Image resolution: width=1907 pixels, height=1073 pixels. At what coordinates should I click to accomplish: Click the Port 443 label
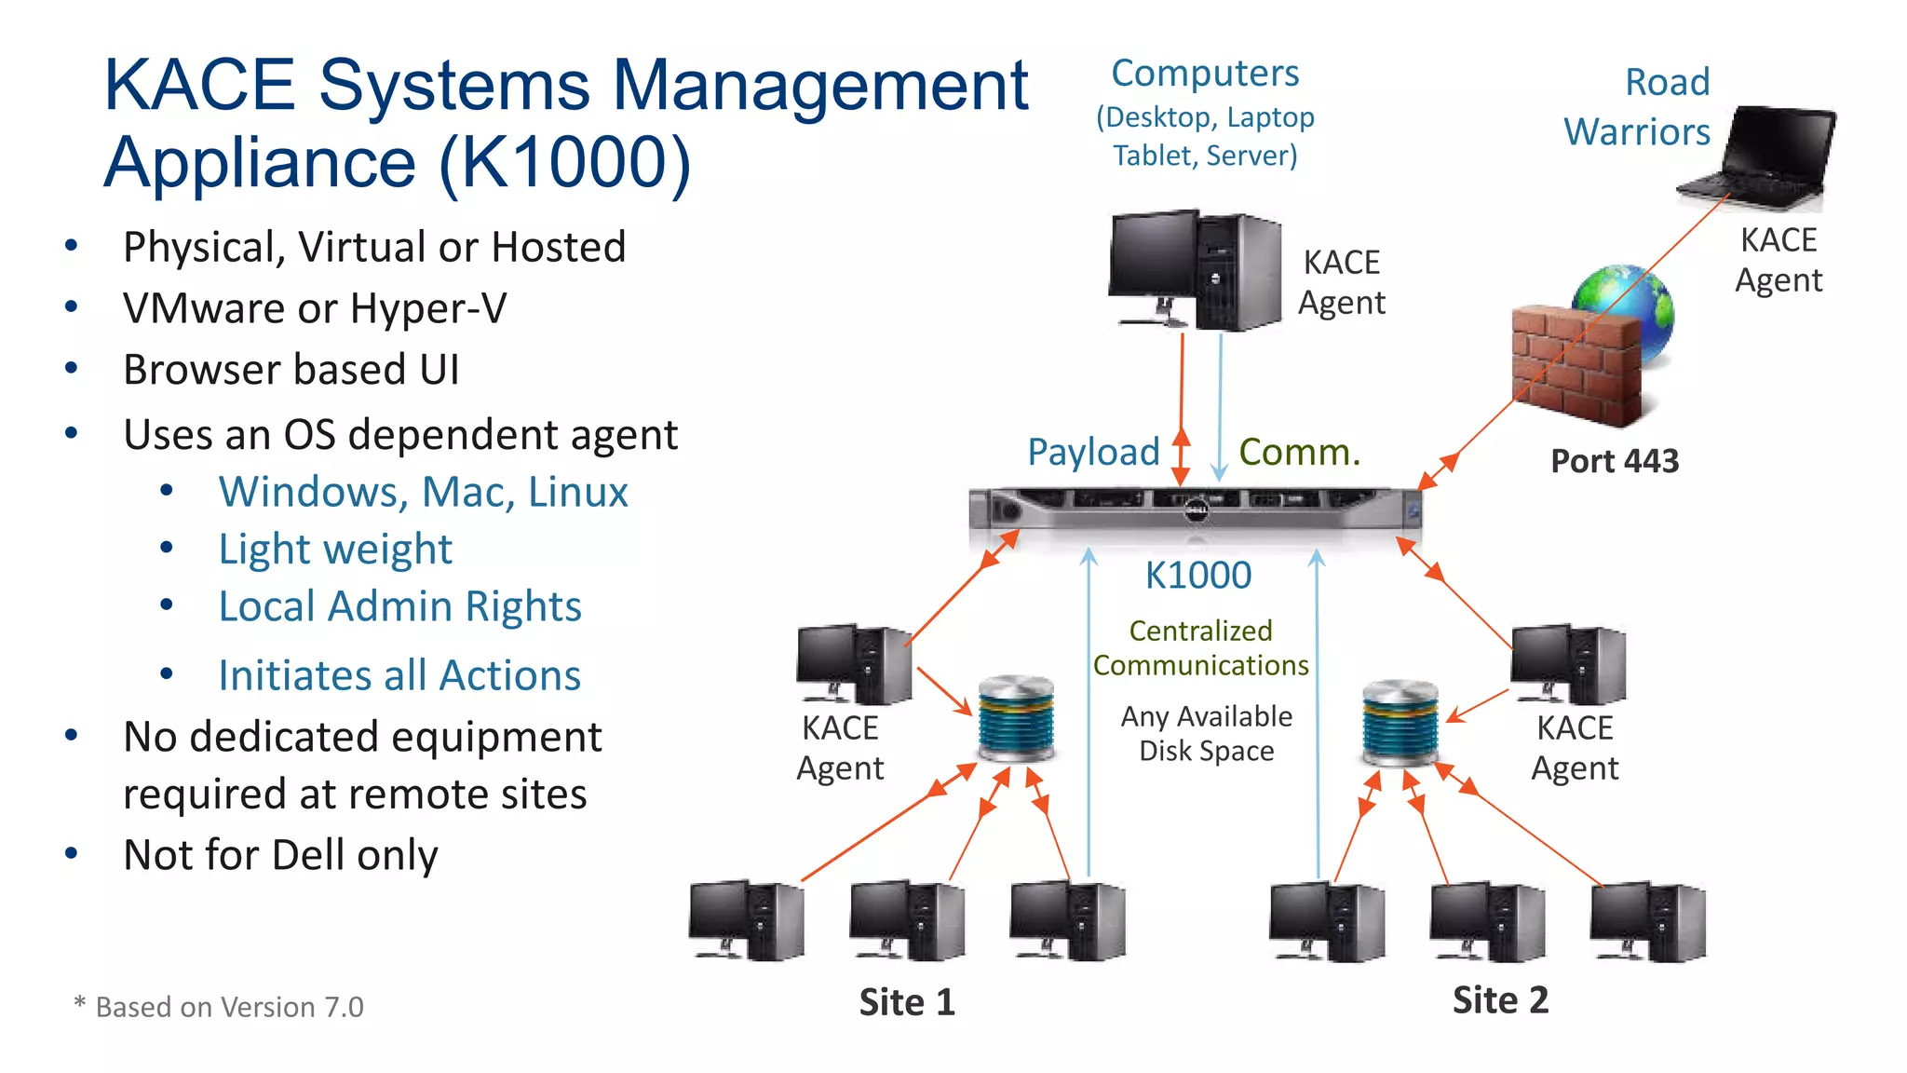1615,461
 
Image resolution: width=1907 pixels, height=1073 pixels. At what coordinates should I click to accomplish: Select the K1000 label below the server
1197,576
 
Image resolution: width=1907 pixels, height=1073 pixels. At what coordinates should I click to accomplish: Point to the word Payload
1093,453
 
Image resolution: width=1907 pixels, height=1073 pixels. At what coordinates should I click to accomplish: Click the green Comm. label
1299,453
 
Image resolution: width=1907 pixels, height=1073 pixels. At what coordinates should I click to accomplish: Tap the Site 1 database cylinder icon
1016,719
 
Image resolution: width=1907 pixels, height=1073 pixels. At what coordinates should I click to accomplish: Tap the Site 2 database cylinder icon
1400,723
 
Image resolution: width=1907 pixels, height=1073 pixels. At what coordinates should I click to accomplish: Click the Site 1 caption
907,1002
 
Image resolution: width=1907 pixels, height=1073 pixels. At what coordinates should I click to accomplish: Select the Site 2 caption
1500,1000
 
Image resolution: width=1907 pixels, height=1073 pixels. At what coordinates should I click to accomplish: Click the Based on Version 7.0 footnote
220,1007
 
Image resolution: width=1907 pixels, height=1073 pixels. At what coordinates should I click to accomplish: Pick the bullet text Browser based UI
291,370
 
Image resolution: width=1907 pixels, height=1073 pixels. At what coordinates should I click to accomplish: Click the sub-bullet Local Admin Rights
399,606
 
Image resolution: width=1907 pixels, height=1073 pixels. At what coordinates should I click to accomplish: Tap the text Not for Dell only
280,855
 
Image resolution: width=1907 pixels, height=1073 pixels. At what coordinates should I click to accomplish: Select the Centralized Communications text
1200,648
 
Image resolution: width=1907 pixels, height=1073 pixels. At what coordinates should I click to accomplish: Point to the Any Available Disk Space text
1206,733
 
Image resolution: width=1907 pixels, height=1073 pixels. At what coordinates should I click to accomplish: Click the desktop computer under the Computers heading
1195,271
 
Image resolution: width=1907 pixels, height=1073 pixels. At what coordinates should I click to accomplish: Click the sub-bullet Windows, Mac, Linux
423,492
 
